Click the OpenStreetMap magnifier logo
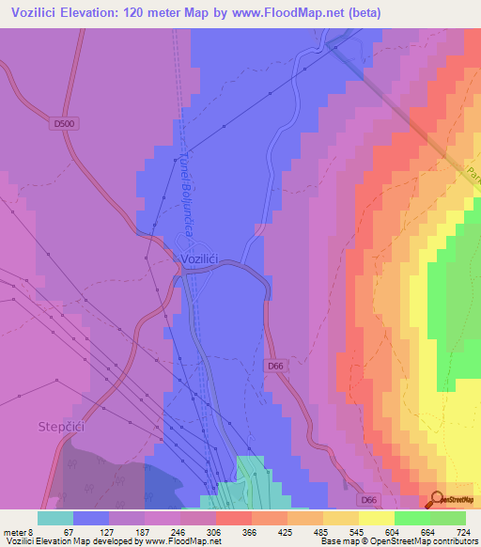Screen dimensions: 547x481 (436, 498)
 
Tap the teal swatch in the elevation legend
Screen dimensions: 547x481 (55, 518)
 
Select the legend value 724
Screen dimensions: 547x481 (464, 532)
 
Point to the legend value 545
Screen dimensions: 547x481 (358, 532)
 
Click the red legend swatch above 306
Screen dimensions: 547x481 (234, 518)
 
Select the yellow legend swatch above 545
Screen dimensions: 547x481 (341, 518)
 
